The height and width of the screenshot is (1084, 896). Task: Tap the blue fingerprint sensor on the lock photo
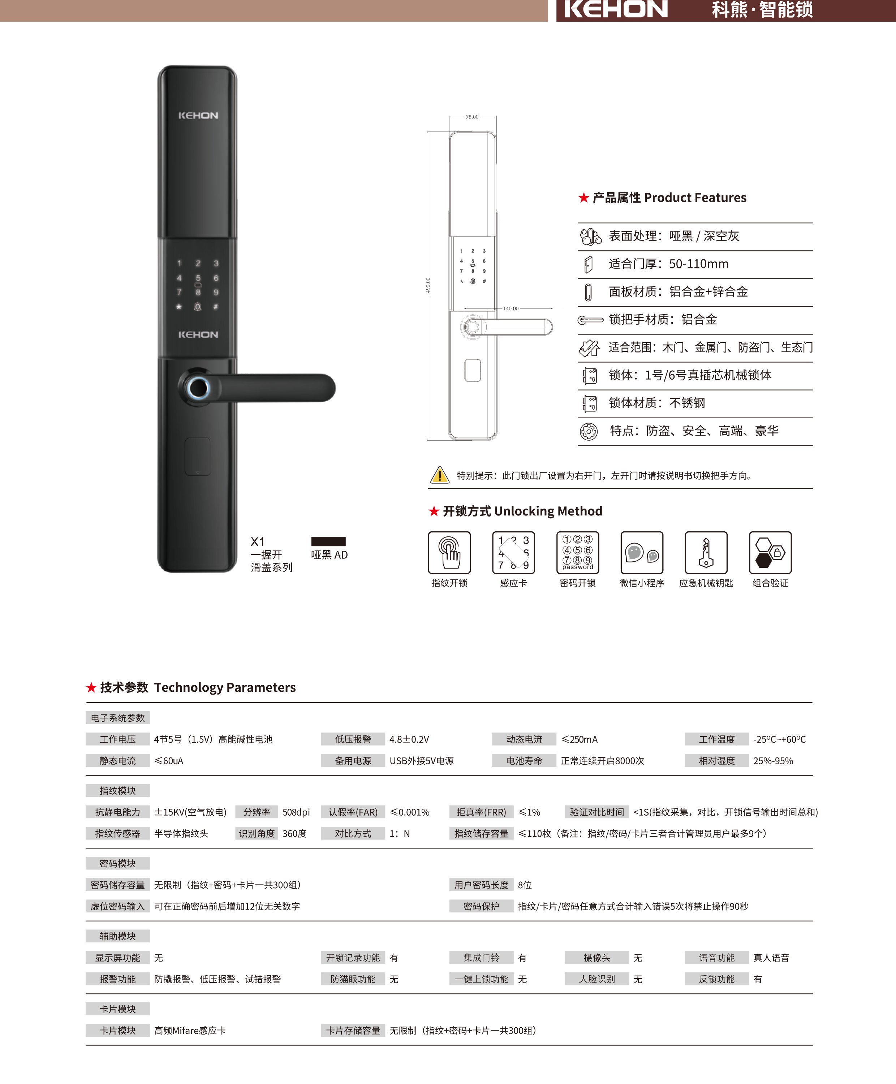pyautogui.click(x=198, y=388)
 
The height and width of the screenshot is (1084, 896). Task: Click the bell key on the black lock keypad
pyautogui.click(x=197, y=306)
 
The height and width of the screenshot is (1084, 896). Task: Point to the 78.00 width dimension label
pyautogui.click(x=472, y=117)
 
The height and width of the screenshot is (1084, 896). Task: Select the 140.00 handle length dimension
pyautogui.click(x=511, y=308)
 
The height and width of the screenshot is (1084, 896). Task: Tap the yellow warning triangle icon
pyautogui.click(x=439, y=474)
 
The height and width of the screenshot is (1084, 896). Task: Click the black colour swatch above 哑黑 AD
pyautogui.click(x=328, y=541)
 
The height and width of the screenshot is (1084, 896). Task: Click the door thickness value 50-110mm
pyautogui.click(x=698, y=264)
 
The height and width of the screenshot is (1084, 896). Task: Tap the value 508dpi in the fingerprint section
pyautogui.click(x=296, y=812)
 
